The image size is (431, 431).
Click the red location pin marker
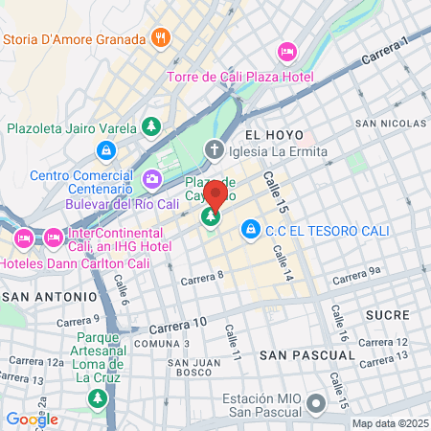(215, 196)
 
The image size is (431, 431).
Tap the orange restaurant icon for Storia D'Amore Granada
(161, 39)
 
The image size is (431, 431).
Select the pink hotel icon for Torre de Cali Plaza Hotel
(286, 51)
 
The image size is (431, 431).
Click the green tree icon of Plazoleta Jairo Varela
(150, 126)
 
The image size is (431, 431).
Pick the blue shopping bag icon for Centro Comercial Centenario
(106, 151)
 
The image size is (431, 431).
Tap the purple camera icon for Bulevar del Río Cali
(151, 179)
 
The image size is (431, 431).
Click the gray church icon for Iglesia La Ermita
(214, 150)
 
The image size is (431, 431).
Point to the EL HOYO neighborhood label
(273, 135)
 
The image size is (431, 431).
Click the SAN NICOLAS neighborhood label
(392, 124)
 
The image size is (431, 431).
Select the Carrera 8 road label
(202, 279)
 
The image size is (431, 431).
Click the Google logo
(32, 419)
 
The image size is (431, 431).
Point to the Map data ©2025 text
(389, 423)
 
